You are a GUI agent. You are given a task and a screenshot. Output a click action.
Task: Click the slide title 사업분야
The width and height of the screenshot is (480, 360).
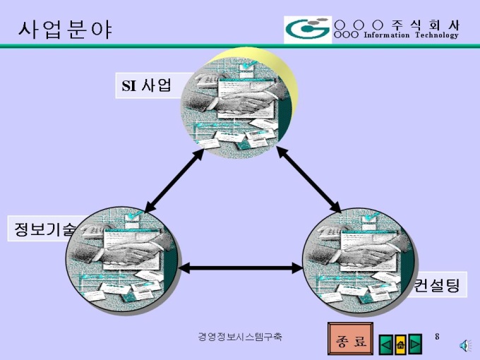coord(65,30)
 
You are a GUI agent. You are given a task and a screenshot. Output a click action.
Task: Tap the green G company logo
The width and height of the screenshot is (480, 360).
coord(308,30)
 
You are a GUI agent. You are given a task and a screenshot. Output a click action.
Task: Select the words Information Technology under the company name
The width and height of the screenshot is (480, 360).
coord(411,35)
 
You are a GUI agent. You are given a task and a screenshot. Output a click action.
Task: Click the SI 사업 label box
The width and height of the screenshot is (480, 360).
coord(147,85)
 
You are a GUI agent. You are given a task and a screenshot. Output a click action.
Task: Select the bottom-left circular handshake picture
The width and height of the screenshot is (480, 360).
coord(122,260)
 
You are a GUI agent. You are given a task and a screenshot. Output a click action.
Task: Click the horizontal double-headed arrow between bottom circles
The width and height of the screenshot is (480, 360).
coord(240,268)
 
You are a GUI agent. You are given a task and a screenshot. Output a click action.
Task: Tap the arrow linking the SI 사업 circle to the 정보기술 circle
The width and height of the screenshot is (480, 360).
coord(174,181)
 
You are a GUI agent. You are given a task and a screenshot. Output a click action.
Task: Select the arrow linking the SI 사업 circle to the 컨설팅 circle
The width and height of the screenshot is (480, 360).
coord(308,179)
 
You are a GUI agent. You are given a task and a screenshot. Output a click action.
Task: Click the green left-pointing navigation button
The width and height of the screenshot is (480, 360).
coord(386,344)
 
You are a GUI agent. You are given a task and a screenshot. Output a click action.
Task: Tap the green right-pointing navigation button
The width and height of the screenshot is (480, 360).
coord(415,344)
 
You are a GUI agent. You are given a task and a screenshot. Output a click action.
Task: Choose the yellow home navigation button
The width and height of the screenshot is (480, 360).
coord(400,344)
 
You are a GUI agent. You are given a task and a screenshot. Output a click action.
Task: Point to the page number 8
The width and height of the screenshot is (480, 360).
coord(437,337)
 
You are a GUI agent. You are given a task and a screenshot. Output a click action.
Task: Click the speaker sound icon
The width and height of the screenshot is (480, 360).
coord(465,346)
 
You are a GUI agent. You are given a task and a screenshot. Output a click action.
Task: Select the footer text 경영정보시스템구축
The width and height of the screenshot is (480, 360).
coord(240,337)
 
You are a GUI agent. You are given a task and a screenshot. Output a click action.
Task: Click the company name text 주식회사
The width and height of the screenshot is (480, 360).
coord(426,25)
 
